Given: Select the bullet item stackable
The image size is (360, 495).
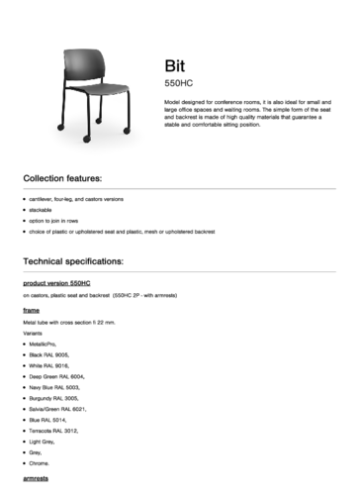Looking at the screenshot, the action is (x=41, y=211).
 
